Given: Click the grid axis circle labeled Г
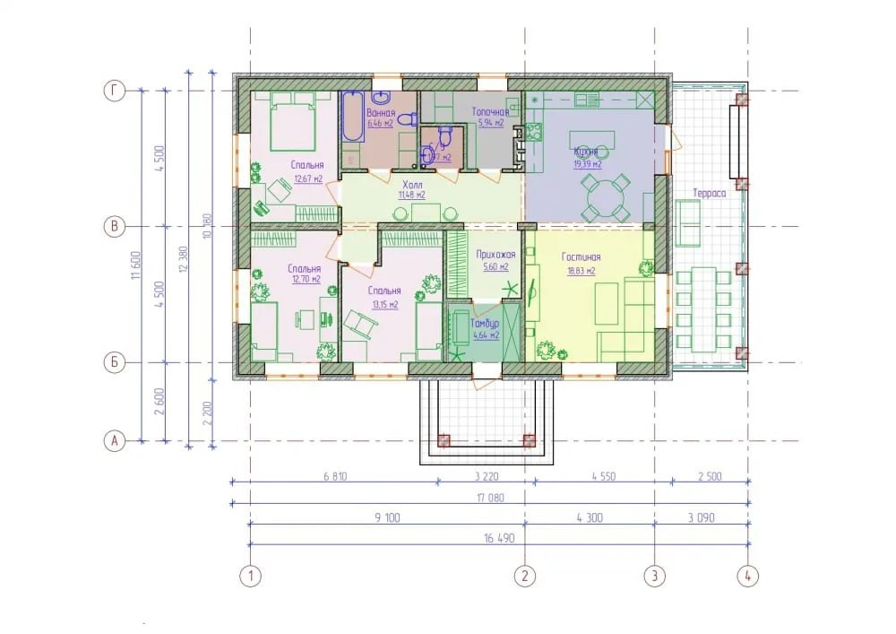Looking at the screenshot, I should tap(114, 91).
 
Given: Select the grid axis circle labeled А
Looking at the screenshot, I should tap(114, 440).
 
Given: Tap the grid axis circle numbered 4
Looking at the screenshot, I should tap(747, 575).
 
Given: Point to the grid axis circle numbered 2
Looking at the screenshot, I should tap(525, 575).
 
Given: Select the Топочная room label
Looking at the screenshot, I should tap(490, 113).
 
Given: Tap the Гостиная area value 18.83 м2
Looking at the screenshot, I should tap(582, 270).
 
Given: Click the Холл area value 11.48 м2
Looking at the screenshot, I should tap(412, 195).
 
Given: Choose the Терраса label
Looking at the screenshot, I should tap(709, 194).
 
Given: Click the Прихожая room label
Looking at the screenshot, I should tap(490, 256).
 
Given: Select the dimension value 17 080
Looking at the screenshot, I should tap(489, 497).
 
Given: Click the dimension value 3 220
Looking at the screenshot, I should tap(484, 476).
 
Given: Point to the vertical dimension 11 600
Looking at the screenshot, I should tap(136, 266).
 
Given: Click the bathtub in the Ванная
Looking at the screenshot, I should tap(351, 117).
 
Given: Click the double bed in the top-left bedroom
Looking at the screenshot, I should tap(289, 122).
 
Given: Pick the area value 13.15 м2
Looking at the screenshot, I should tap(383, 305).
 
